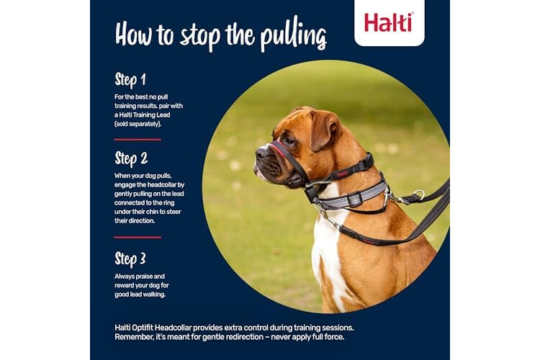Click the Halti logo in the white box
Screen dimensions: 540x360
pos(389,22)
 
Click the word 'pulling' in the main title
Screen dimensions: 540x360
pos(293,36)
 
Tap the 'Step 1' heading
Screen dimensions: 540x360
pos(130,80)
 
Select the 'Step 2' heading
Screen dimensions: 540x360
pos(131,158)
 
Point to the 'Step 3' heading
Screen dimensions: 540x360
pos(130,259)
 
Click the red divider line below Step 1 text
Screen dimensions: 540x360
pos(138,140)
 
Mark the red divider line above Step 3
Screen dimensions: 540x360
pos(138,238)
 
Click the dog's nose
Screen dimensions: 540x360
pos(261,152)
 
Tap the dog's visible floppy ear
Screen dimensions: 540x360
pos(322,129)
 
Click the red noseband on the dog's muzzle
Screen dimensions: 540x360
pos(279,151)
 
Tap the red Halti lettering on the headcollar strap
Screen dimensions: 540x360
pos(342,174)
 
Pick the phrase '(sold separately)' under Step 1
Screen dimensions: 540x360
pos(138,124)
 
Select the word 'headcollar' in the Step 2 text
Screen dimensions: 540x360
pos(157,185)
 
